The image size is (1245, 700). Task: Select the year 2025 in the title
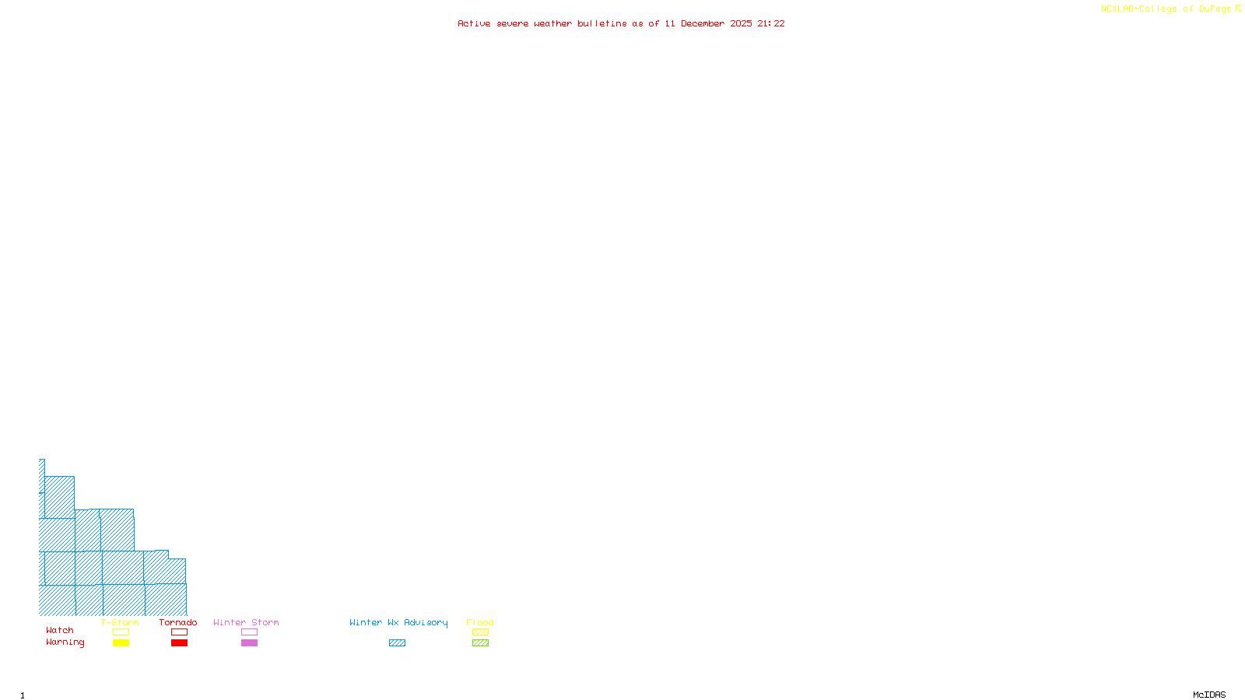click(741, 23)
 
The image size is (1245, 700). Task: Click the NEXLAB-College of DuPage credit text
click(1166, 9)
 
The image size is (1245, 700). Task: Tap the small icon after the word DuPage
click(1238, 9)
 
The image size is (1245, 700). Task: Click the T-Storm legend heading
click(120, 622)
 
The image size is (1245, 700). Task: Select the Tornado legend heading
click(178, 622)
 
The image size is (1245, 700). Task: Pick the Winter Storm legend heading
click(246, 622)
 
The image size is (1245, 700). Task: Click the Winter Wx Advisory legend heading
click(398, 622)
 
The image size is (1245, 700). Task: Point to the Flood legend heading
click(480, 622)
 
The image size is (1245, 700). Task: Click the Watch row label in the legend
click(60, 630)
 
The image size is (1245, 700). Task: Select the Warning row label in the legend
click(65, 642)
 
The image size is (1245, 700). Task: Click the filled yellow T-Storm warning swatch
click(121, 643)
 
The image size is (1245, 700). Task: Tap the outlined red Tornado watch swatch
click(179, 632)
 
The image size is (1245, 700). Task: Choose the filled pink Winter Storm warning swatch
click(249, 643)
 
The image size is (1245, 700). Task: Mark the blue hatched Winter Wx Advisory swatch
click(397, 643)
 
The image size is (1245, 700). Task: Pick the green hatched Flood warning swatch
click(480, 643)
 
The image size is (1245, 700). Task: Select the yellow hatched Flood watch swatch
click(480, 632)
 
